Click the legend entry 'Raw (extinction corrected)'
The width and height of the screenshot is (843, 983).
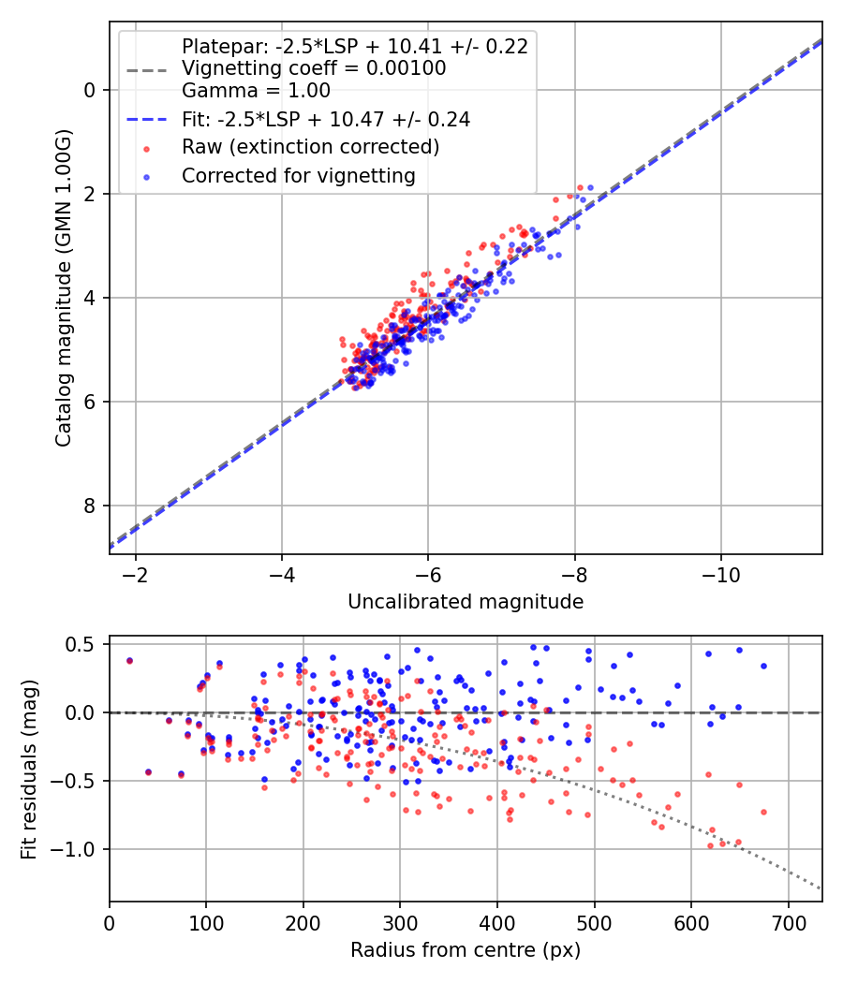310,147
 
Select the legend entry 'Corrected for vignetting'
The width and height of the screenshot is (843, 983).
298,175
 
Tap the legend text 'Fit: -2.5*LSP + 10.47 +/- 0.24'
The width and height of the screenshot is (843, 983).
326,119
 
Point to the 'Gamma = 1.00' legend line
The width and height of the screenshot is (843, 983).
256,91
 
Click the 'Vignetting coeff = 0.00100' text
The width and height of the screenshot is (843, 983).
314,68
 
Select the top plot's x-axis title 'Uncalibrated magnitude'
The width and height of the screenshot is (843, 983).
466,602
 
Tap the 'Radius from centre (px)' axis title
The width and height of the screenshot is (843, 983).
466,950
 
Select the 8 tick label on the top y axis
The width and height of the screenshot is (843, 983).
91,506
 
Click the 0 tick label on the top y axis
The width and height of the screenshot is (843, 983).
91,90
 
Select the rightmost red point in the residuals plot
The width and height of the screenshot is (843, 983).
763,812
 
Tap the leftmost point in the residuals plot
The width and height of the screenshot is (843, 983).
129,660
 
